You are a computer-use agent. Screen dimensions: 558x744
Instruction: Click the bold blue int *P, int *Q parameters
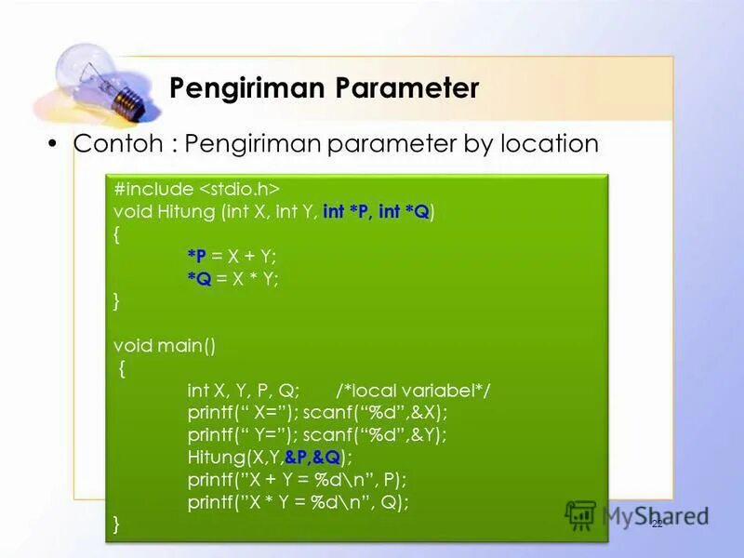point(377,212)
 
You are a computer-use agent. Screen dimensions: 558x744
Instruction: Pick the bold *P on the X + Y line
point(197,256)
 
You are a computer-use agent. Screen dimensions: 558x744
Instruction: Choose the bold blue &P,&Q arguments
point(312,458)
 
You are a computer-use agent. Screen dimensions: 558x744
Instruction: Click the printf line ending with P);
point(298,480)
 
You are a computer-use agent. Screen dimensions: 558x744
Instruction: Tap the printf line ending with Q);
point(298,502)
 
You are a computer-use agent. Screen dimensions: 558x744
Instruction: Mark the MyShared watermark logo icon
point(580,515)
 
